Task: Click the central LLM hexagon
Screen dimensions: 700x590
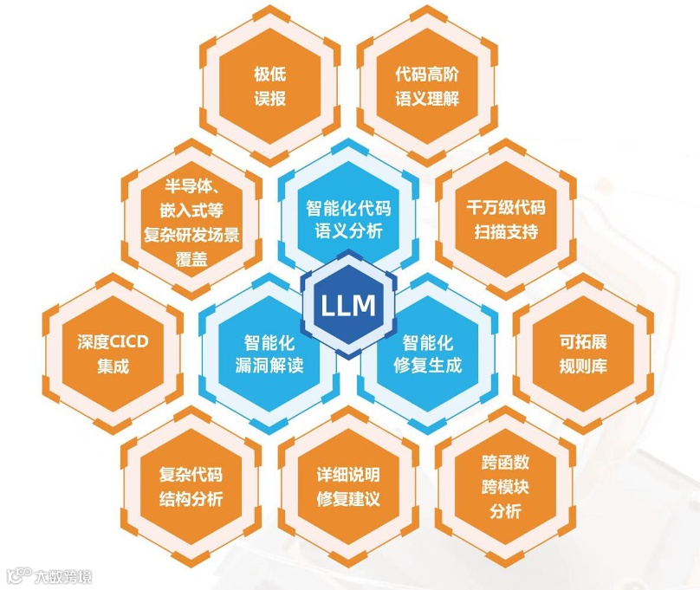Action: pos(348,305)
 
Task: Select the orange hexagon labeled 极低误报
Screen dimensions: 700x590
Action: pos(270,85)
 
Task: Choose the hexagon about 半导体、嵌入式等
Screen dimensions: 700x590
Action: pos(191,221)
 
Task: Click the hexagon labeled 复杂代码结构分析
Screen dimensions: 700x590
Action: pos(191,487)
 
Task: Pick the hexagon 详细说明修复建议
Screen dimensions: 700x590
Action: pos(348,487)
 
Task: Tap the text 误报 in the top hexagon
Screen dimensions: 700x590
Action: pos(270,98)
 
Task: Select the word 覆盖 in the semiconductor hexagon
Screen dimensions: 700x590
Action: pos(191,257)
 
